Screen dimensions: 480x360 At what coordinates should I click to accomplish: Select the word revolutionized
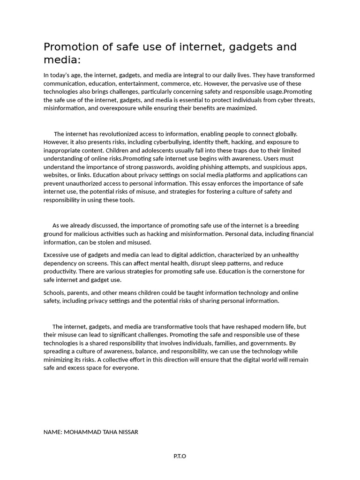[x=112, y=134]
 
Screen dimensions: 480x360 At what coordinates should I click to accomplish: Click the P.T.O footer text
[x=180, y=456]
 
